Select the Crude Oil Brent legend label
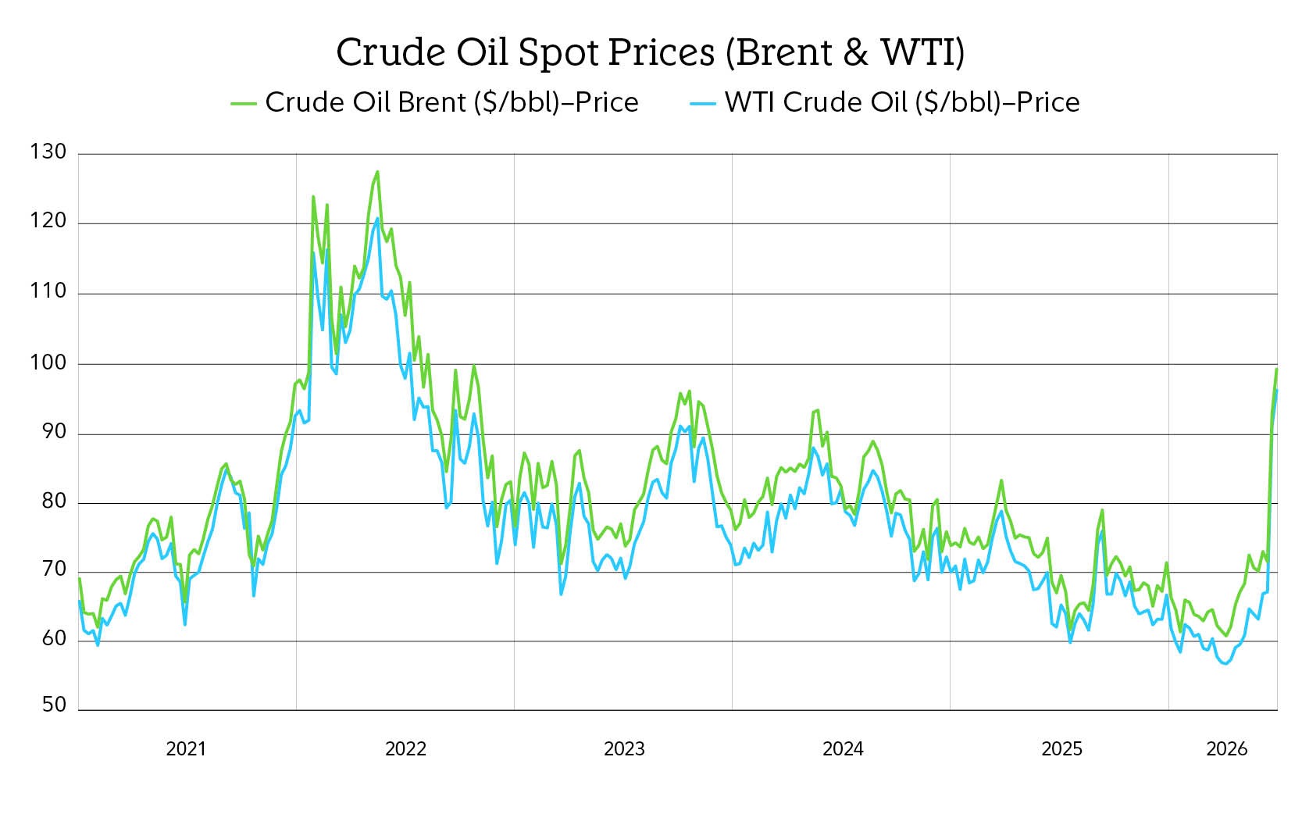[x=451, y=102]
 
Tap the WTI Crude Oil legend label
[x=902, y=102]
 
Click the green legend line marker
[x=244, y=103]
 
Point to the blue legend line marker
[x=703, y=103]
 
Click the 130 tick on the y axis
[x=48, y=152]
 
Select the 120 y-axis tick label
[x=48, y=222]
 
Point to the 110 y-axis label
[x=48, y=292]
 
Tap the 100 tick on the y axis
[x=48, y=362]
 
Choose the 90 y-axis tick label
[x=53, y=432]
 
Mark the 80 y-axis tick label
[x=53, y=502]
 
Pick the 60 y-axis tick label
[x=53, y=640]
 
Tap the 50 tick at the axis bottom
[x=53, y=705]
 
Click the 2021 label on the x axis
[x=186, y=749]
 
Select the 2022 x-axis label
[x=405, y=749]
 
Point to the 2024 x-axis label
[x=843, y=749]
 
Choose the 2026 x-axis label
[x=1227, y=749]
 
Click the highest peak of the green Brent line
[x=377, y=172]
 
